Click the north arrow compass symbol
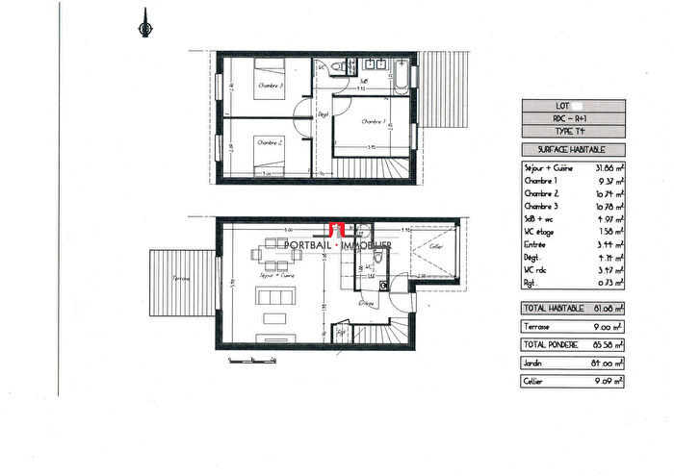145,26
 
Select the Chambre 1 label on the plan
373,122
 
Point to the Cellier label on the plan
436,246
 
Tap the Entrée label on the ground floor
366,302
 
